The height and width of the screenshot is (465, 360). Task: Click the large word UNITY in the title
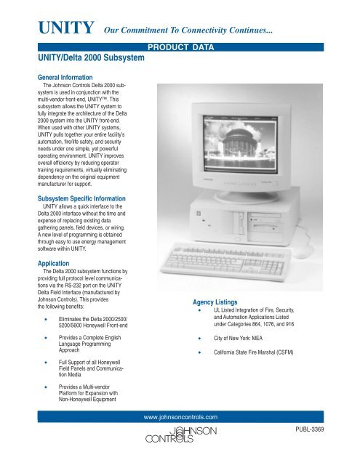(x=60, y=29)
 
